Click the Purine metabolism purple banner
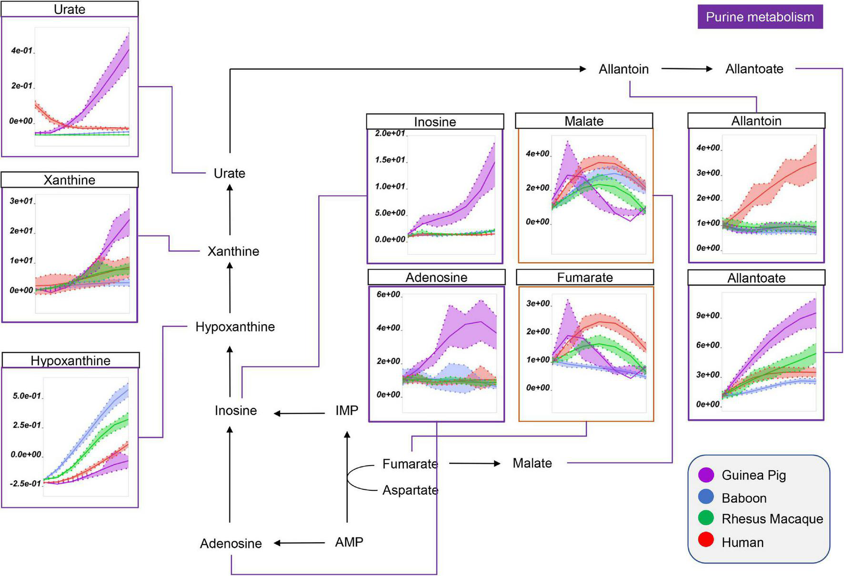tap(760, 17)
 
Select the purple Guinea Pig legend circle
tap(705, 475)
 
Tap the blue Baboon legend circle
tap(705, 497)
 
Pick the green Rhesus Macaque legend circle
tap(705, 518)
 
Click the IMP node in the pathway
tap(346, 410)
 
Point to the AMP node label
tap(349, 542)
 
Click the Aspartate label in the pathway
tap(410, 490)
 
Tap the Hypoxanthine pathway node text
tap(235, 327)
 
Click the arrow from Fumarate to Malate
tap(474, 463)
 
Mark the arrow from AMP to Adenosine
tap(299, 543)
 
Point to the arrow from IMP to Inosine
tap(299, 413)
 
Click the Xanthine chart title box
tap(70, 180)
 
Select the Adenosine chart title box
tap(436, 278)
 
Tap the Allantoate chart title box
tap(756, 278)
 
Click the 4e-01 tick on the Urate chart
tap(22, 50)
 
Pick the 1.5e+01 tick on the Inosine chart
tap(390, 160)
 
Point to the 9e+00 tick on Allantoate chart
tap(707, 316)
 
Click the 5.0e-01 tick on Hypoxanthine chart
tap(27, 396)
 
